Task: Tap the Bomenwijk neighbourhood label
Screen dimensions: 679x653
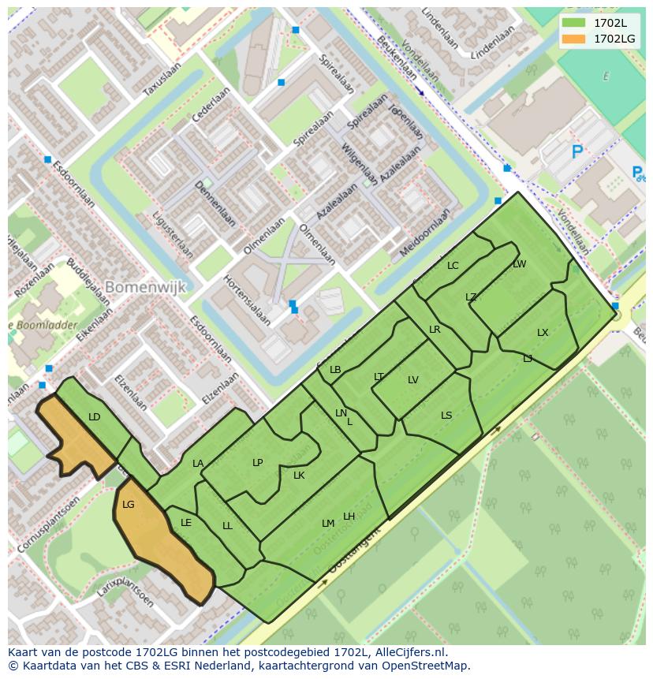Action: pos(146,286)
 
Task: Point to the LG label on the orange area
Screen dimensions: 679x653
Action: pos(129,505)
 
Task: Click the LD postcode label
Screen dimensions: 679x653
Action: pos(95,416)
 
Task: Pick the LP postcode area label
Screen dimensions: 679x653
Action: pos(257,463)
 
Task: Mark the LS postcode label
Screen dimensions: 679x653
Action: pos(446,416)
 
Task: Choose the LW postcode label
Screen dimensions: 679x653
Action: pos(519,264)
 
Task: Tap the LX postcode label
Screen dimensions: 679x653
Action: pos(543,333)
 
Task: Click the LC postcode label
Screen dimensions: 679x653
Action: pos(453,266)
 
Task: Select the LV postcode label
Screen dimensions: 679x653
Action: pos(413,380)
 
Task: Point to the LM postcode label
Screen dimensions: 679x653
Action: pos(328,524)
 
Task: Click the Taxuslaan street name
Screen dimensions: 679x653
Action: pos(162,80)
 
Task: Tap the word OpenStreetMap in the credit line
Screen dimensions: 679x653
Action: pos(428,666)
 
